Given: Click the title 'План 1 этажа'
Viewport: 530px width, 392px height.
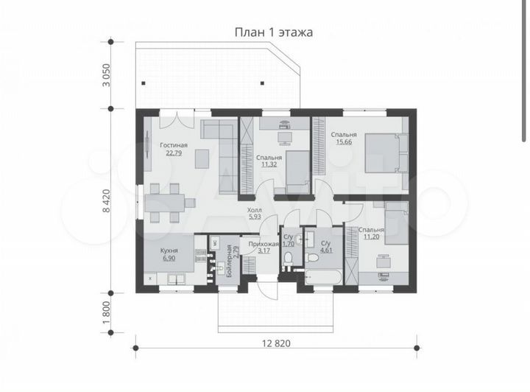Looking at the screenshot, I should point(273,32).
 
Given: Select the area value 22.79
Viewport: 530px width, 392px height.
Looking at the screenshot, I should point(174,153).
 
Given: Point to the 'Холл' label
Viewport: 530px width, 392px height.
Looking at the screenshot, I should point(254,210).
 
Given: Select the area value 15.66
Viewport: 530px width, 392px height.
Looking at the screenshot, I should point(343,142).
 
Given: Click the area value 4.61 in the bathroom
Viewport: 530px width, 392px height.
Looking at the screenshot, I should point(325,250).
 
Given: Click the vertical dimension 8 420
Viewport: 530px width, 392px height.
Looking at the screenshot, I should point(105,199).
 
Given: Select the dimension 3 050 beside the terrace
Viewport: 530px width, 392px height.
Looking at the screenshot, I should point(105,75).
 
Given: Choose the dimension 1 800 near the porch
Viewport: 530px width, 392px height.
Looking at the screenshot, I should point(105,309).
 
